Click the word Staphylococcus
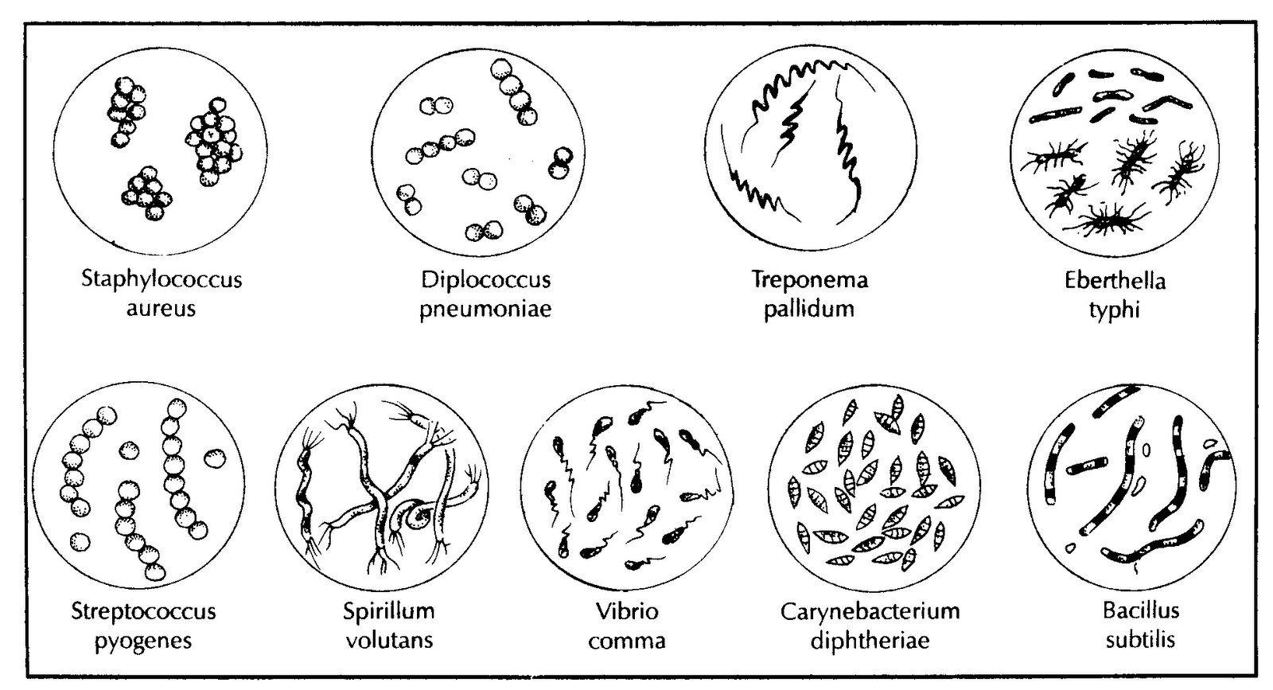pos(162,280)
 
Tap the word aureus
pos(161,310)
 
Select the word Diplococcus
pos(486,280)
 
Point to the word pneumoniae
pos(485,310)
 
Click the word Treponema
pos(810,279)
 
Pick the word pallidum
pos(808,309)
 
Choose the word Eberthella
pos(1115,281)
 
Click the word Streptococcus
pos(143,612)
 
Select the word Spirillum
pos(389,612)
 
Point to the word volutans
pos(389,641)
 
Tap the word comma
pos(627,641)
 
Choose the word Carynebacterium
pos(870,612)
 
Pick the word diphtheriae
pos(870,641)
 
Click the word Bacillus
pos(1141,611)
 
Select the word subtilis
pos(1140,641)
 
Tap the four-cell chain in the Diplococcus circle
pos(441,146)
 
